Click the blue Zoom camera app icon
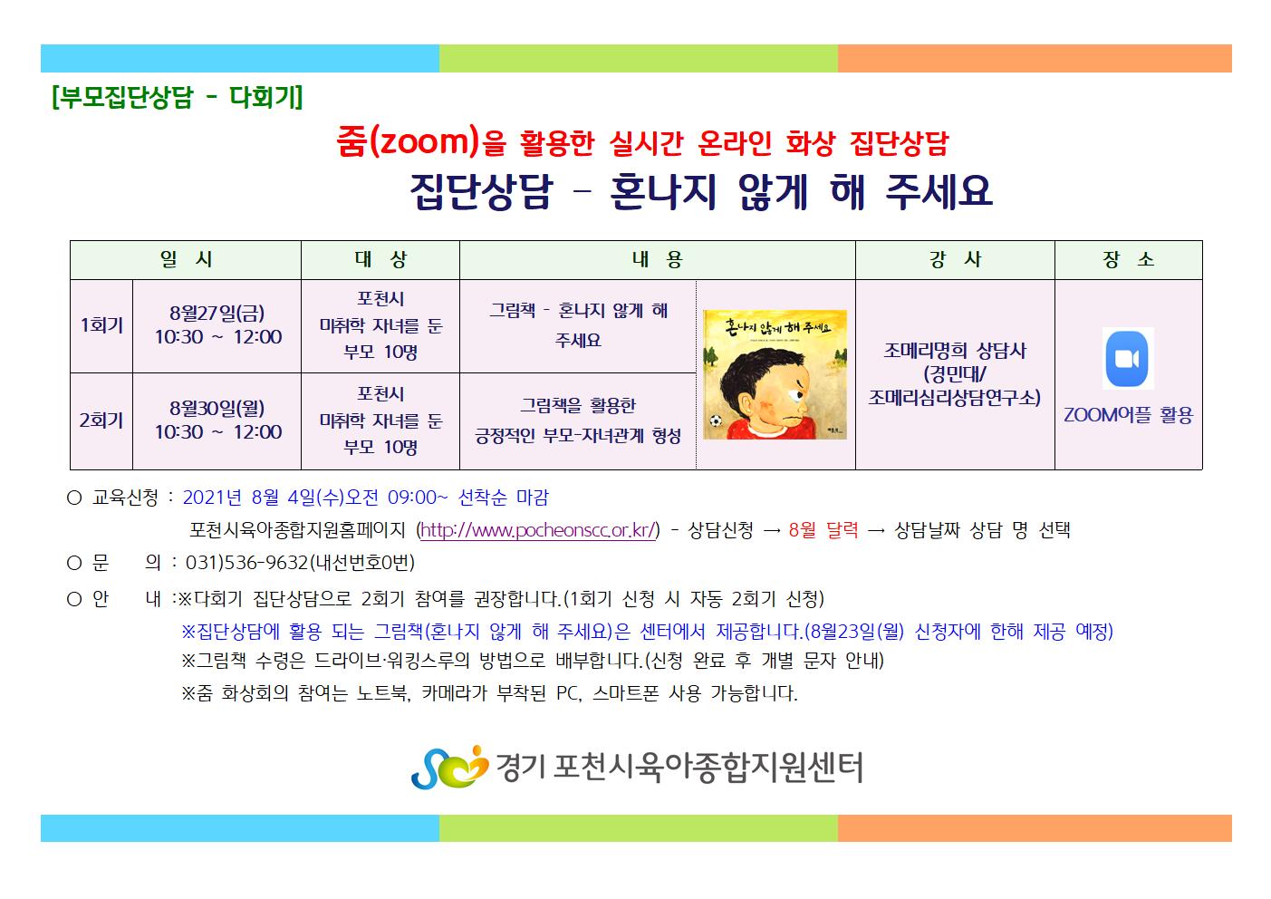pyautogui.click(x=1127, y=359)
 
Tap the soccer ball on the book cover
pyautogui.click(x=716, y=421)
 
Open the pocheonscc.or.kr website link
pyautogui.click(x=538, y=530)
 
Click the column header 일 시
pyautogui.click(x=186, y=259)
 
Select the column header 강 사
pyautogui.click(x=955, y=259)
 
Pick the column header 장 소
pyautogui.click(x=1128, y=259)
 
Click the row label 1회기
pyautogui.click(x=101, y=325)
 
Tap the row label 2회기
pyautogui.click(x=101, y=420)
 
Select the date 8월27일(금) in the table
pyautogui.click(x=217, y=313)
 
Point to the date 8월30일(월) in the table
pyautogui.click(x=217, y=408)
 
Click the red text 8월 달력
pyautogui.click(x=823, y=530)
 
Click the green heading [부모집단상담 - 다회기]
pyautogui.click(x=177, y=97)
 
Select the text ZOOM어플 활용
pyautogui.click(x=1128, y=415)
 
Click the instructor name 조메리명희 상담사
pyautogui.click(x=955, y=351)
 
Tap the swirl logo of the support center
pyautogui.click(x=449, y=767)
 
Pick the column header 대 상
pyautogui.click(x=380, y=259)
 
